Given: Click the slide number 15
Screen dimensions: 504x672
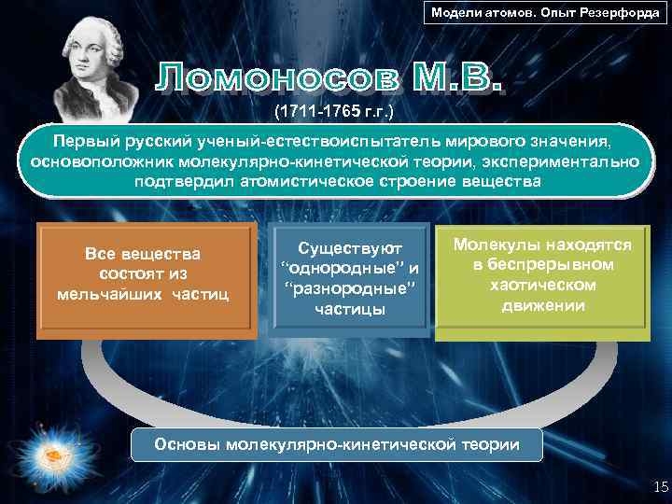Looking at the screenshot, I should pos(655,484).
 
